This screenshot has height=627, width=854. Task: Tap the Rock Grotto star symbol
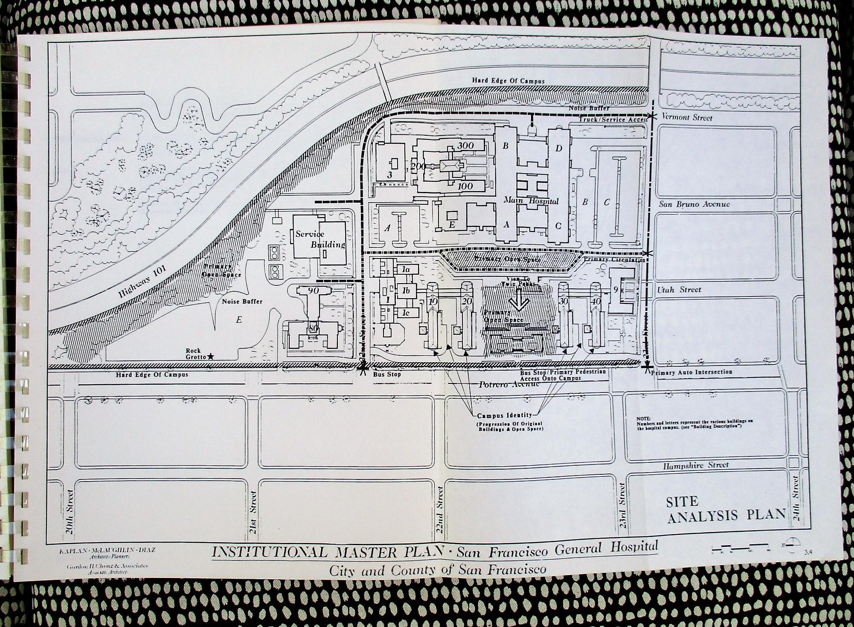click(x=211, y=356)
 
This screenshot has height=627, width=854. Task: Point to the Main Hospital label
click(x=531, y=200)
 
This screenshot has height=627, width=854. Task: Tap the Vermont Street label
click(x=686, y=117)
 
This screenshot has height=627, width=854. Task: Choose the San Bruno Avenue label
click(x=694, y=204)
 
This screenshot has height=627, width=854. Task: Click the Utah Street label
click(x=679, y=290)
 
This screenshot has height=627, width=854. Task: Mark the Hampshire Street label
click(x=696, y=465)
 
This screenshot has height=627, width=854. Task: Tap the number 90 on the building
click(x=313, y=291)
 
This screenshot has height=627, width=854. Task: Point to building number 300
click(x=465, y=145)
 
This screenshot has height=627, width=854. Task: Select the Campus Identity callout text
click(x=504, y=415)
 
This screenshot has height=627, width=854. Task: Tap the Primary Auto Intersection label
click(x=691, y=372)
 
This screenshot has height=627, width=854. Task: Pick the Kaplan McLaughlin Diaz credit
click(x=107, y=550)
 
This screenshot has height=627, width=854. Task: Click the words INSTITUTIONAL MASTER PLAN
click(x=328, y=552)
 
